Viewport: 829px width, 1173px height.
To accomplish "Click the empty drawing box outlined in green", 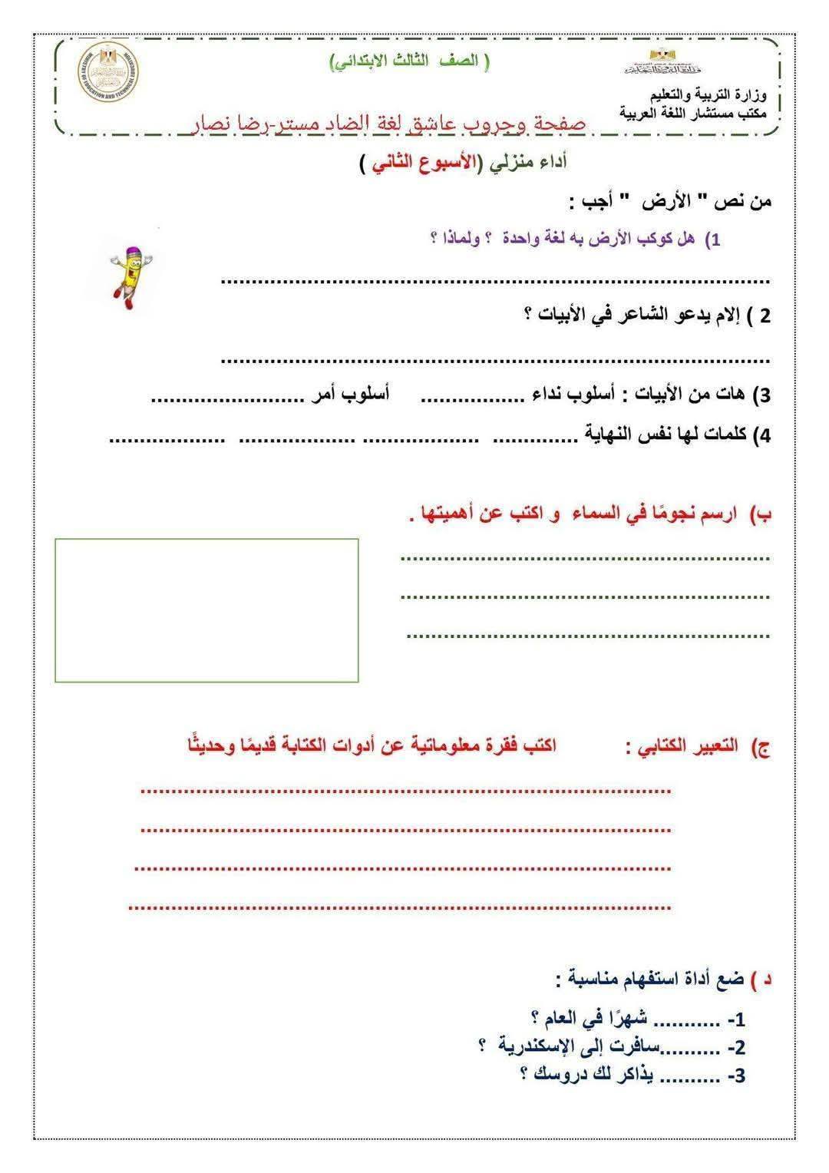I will click(206, 610).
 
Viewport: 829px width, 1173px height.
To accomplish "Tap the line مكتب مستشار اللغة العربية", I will click(697, 112).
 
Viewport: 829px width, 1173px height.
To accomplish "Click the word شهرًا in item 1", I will click(623, 1019).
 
